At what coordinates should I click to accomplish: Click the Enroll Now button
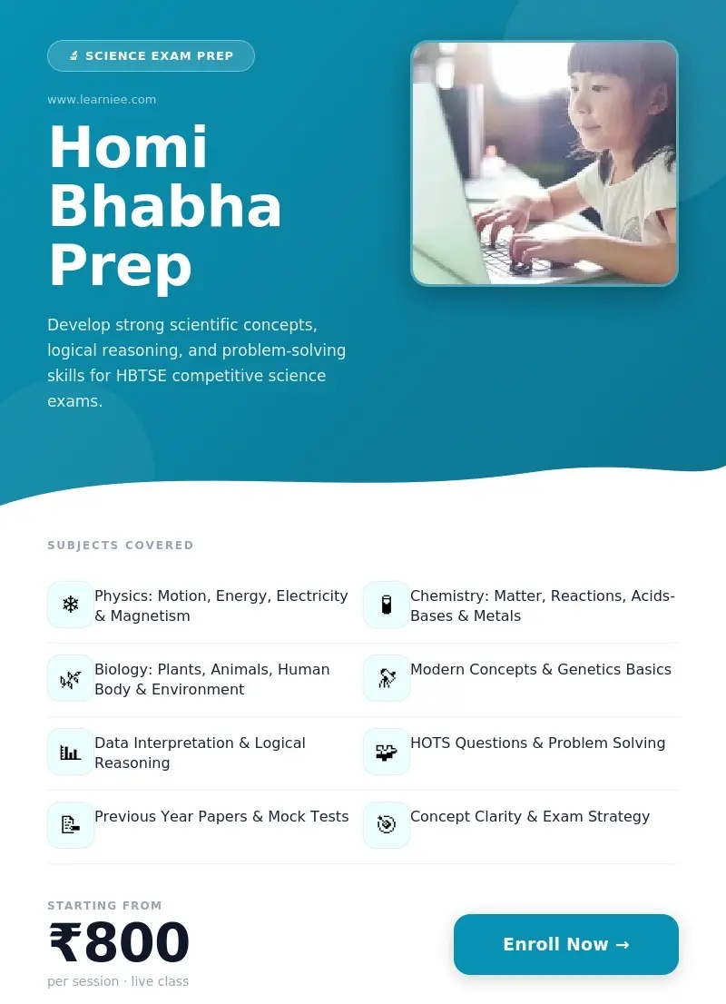click(x=565, y=944)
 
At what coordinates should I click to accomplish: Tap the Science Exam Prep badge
click(x=151, y=56)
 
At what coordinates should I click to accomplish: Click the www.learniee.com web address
click(x=102, y=100)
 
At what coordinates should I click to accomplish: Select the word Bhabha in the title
click(x=165, y=206)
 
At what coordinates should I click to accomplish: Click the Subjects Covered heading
click(x=121, y=546)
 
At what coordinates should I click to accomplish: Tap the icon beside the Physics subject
click(x=71, y=605)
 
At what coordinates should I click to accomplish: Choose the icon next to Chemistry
click(x=387, y=605)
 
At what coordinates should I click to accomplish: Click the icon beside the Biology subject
click(x=71, y=678)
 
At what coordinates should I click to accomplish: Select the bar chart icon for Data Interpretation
click(x=71, y=752)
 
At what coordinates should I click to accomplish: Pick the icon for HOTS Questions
click(x=387, y=752)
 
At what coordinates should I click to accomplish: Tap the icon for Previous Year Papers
click(x=71, y=825)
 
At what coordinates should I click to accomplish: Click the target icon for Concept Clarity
click(x=387, y=825)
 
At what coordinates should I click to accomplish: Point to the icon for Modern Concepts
click(x=387, y=678)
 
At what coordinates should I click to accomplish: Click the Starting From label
click(x=104, y=905)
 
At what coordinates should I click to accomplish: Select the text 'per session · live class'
click(x=118, y=981)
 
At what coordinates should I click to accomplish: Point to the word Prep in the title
click(x=120, y=266)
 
